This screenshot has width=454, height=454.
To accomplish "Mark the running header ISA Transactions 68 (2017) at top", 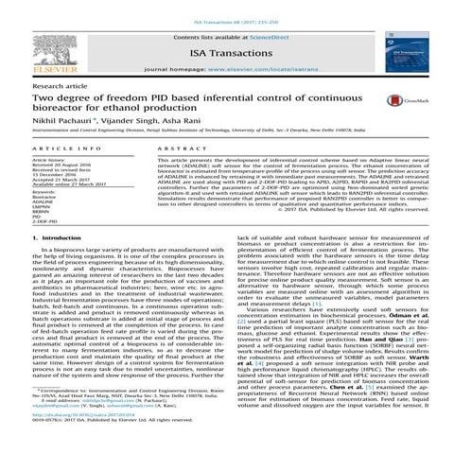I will pos(227,6).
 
